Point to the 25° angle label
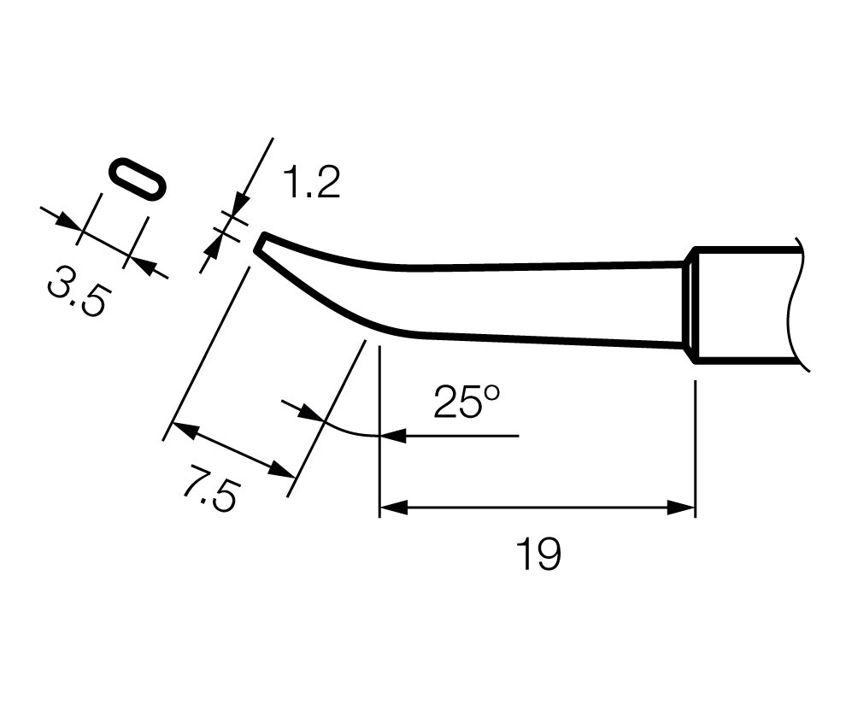click(x=467, y=402)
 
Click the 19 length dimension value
click(x=538, y=554)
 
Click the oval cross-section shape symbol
click(x=137, y=181)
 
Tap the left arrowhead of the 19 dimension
click(x=394, y=508)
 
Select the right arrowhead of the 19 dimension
click(x=681, y=508)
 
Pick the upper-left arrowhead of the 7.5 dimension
click(x=185, y=430)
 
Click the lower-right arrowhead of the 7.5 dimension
click(x=282, y=470)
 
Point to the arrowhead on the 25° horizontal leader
click(x=393, y=435)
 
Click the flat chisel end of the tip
click(x=259, y=243)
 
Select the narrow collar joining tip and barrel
click(x=690, y=305)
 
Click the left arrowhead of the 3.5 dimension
click(x=68, y=221)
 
